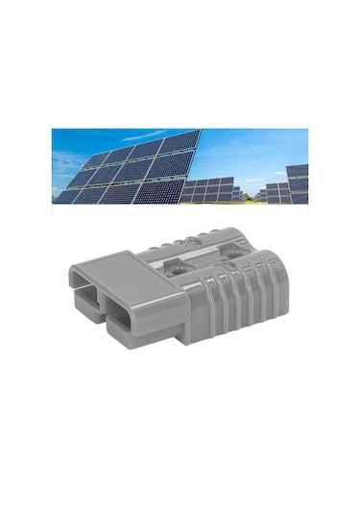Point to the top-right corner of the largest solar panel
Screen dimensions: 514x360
pyautogui.click(x=200, y=131)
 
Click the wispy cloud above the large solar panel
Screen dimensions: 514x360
pyautogui.click(x=144, y=135)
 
